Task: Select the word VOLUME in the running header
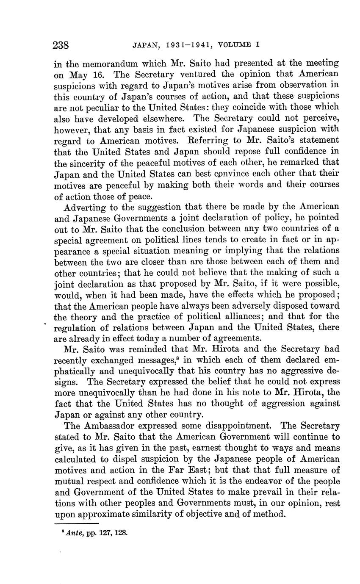(229, 44)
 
